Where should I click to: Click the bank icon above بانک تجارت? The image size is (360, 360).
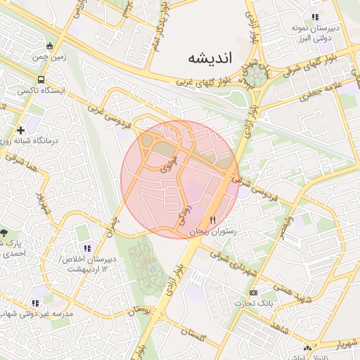coord(253,292)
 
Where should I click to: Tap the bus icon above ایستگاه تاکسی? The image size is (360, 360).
coord(41,80)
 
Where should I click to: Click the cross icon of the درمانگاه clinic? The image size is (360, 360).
coord(21,130)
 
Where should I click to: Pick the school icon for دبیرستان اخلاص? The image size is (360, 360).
coord(87,248)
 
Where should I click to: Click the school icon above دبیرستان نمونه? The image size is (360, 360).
coord(316,17)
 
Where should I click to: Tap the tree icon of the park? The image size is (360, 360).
coord(6,232)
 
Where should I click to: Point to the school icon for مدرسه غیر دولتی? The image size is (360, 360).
coord(35,303)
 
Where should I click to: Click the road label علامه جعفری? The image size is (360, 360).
coord(325,89)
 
